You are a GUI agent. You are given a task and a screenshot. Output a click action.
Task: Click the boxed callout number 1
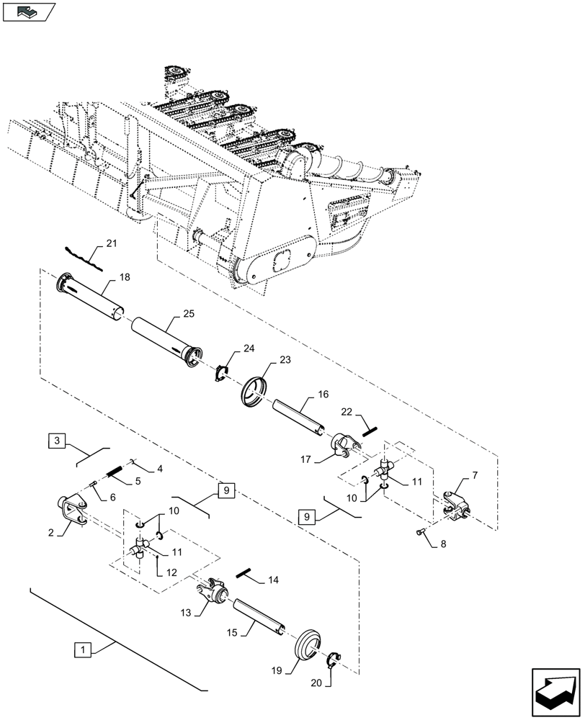pyautogui.click(x=84, y=650)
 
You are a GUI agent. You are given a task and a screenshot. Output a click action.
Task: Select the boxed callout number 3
pyautogui.click(x=58, y=441)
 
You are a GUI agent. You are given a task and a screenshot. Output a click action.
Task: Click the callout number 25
pyautogui.click(x=188, y=315)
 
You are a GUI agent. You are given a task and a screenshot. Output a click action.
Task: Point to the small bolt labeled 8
pyautogui.click(x=420, y=534)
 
